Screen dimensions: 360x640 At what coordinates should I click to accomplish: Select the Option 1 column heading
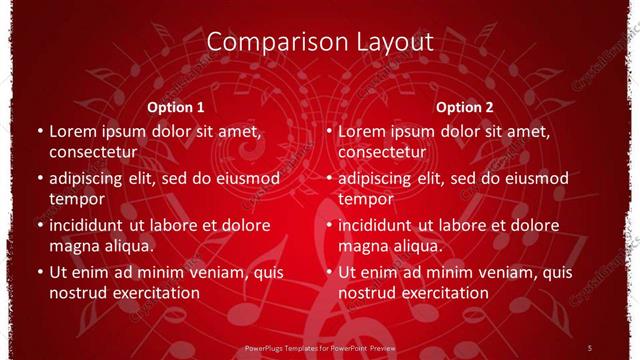(x=176, y=107)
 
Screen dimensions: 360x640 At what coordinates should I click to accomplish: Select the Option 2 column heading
(x=465, y=107)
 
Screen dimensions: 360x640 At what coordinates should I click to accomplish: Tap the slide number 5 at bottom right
(x=591, y=347)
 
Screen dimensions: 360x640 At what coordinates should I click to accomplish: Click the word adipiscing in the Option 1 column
(x=91, y=178)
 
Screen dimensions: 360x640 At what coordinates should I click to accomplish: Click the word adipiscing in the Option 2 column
(x=381, y=178)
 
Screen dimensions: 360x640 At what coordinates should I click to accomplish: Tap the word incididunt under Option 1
(x=91, y=225)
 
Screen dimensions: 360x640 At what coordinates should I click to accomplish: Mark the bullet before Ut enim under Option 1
(x=38, y=272)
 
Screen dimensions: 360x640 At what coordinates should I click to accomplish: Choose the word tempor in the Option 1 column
(x=76, y=199)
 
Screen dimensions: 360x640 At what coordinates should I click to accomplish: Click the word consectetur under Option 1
(x=92, y=152)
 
